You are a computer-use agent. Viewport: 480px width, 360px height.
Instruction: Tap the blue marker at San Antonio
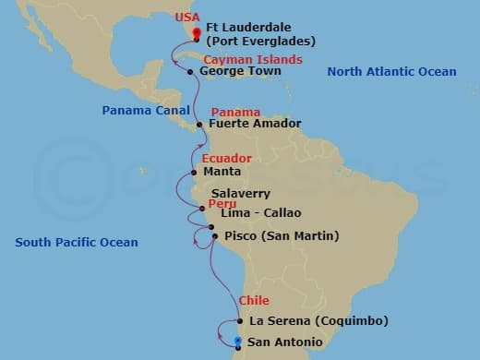pyautogui.click(x=238, y=342)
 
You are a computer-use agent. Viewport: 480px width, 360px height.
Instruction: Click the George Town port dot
pyautogui.click(x=190, y=71)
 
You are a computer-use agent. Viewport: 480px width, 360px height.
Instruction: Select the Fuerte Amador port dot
pyautogui.click(x=199, y=124)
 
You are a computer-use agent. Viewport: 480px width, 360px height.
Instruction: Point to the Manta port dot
pyautogui.click(x=194, y=172)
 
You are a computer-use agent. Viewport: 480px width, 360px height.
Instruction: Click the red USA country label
pyautogui.click(x=186, y=17)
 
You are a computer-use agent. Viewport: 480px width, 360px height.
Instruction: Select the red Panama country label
pyautogui.click(x=235, y=112)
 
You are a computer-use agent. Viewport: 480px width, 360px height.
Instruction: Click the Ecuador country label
pyautogui.click(x=226, y=158)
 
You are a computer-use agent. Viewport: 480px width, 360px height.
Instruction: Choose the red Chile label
pyautogui.click(x=254, y=301)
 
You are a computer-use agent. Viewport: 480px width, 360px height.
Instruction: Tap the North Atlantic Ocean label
pyautogui.click(x=391, y=72)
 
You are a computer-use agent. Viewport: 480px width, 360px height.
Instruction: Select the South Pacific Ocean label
pyautogui.click(x=77, y=243)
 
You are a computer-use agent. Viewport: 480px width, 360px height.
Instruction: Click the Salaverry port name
pyautogui.click(x=240, y=194)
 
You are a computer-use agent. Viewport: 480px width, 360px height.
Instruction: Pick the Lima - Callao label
pyautogui.click(x=261, y=213)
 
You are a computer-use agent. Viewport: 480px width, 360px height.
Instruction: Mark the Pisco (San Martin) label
pyautogui.click(x=282, y=236)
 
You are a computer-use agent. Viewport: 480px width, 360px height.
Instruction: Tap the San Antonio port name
pyautogui.click(x=285, y=342)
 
